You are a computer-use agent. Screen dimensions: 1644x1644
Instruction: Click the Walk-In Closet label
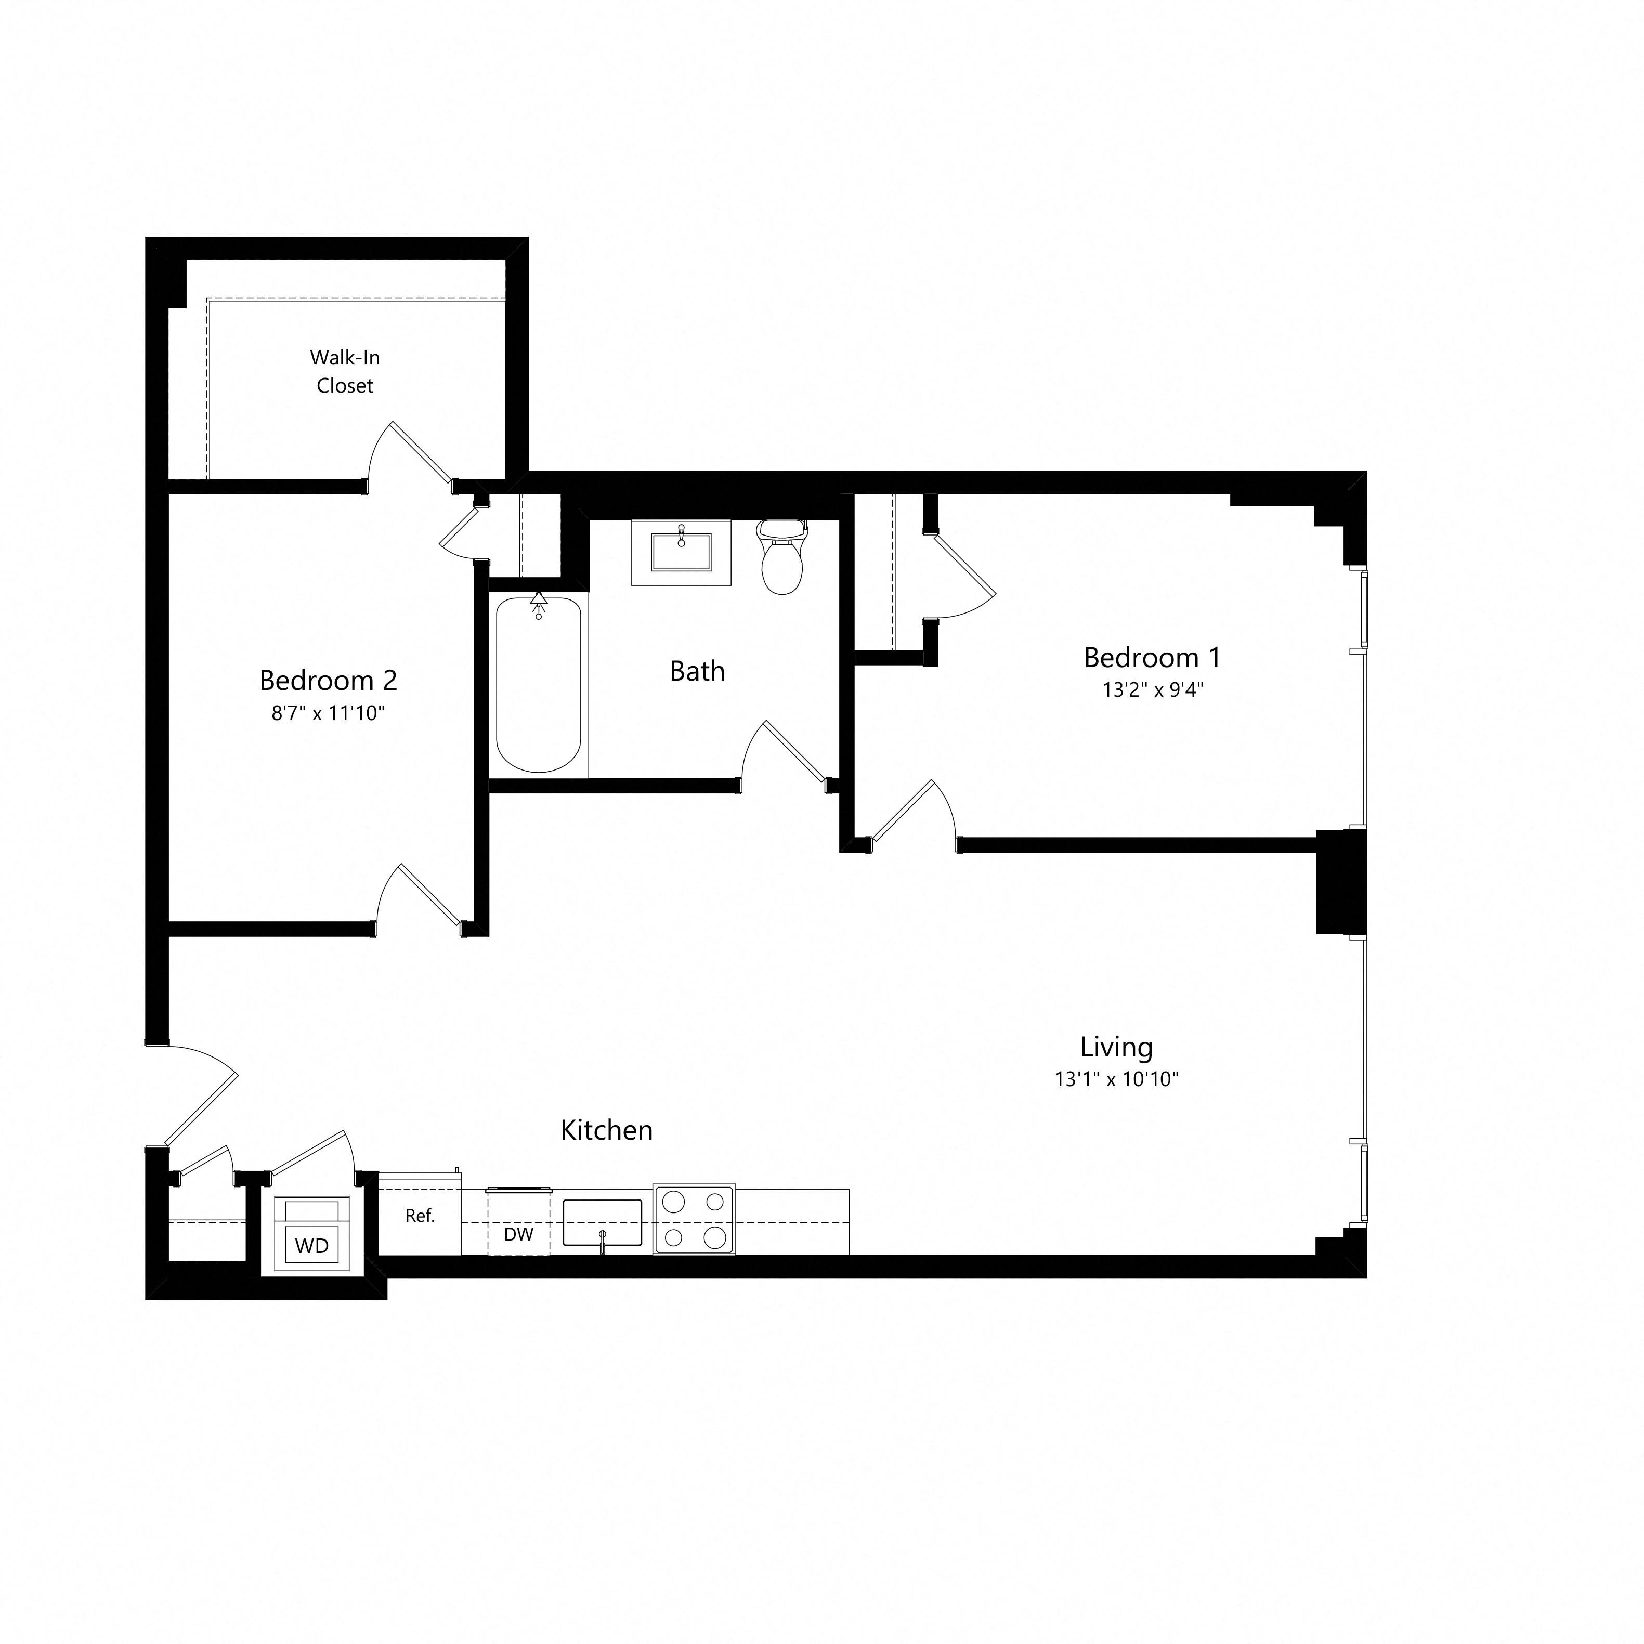click(345, 372)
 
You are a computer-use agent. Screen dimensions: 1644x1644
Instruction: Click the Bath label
click(697, 671)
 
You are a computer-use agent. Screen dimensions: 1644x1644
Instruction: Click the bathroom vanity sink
click(681, 552)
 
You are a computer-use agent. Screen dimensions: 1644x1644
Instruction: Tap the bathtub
click(539, 685)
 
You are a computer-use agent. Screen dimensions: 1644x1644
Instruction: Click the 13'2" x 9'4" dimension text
click(1152, 689)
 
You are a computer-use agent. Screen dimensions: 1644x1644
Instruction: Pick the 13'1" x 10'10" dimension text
click(1116, 1079)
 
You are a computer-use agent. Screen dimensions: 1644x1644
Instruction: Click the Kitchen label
click(607, 1130)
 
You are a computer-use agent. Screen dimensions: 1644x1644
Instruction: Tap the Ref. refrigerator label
click(420, 1216)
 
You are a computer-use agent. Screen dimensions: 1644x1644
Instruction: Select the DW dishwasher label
click(518, 1234)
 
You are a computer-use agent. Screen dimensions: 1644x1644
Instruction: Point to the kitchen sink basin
click(603, 1223)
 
